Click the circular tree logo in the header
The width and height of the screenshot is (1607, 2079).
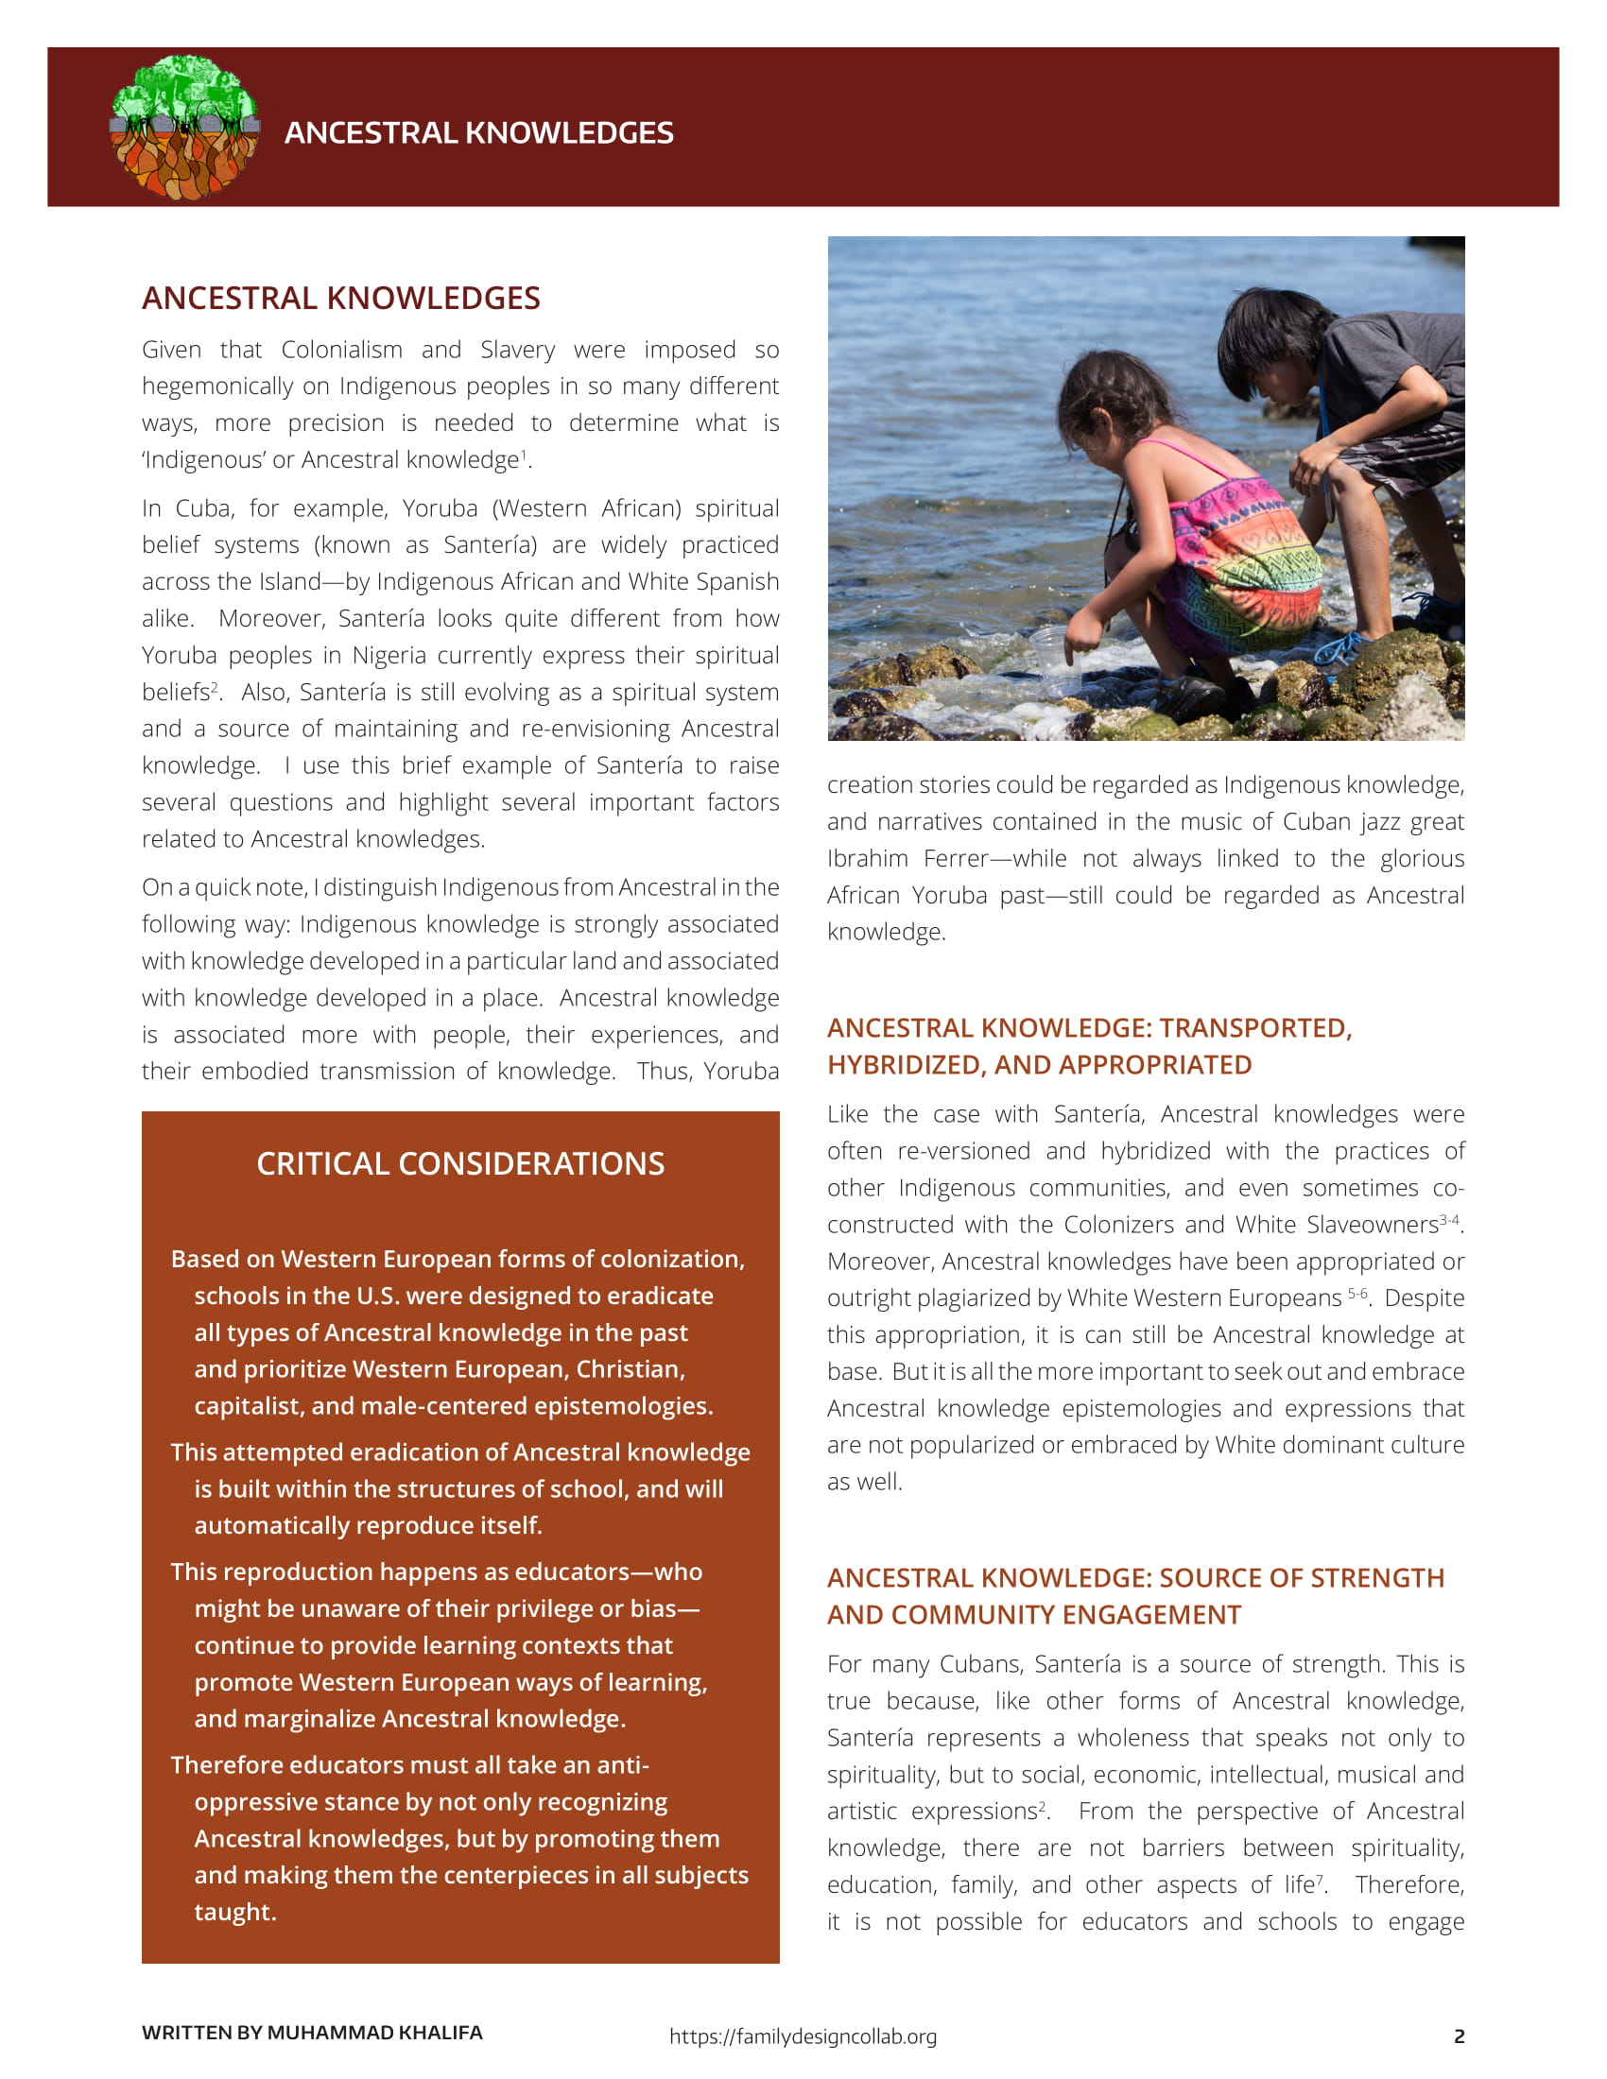[184, 128]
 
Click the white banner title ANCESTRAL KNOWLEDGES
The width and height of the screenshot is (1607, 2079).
[478, 133]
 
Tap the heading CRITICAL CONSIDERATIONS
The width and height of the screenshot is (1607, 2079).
[459, 1163]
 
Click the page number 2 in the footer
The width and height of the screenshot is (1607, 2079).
[1459, 2036]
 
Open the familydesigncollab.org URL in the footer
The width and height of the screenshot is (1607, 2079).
[803, 2036]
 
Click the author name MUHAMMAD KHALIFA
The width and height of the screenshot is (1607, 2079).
[374, 2033]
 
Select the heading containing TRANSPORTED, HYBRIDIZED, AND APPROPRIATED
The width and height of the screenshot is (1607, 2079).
[1089, 1046]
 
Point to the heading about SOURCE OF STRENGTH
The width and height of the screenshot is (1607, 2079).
[1134, 1596]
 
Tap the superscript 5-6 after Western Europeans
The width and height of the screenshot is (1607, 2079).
[1357, 1294]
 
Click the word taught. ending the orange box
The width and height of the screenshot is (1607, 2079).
[235, 1912]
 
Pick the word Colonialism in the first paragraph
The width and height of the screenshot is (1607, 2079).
[341, 350]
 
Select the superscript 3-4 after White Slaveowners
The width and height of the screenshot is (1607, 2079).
[1449, 1219]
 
